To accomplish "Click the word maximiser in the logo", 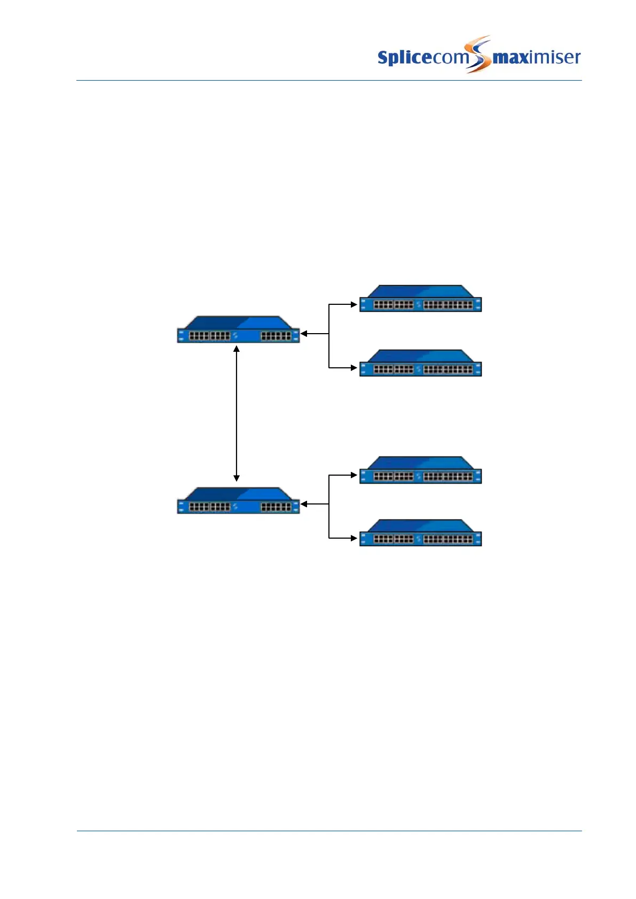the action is click(536, 57).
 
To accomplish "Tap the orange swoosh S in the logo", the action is click(478, 53).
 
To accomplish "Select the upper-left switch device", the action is click(238, 330).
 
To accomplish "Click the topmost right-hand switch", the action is click(420, 299).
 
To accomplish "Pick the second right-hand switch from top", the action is click(420, 364).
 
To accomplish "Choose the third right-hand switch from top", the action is click(420, 470).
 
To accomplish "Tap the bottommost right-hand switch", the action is click(420, 533).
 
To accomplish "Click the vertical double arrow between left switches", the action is click(237, 414).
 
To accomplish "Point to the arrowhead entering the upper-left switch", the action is click(304, 334).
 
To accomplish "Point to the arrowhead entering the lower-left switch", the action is click(304, 504).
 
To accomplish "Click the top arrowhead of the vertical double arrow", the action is click(237, 349).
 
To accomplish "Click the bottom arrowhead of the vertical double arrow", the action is click(237, 478).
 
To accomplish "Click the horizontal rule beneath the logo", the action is click(329, 81).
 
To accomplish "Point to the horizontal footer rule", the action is click(329, 831).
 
